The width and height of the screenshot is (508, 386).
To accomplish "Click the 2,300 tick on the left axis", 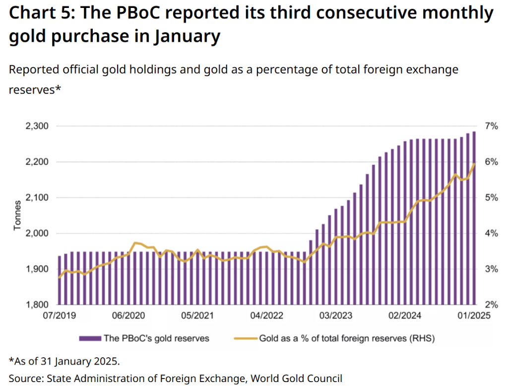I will coord(37,126).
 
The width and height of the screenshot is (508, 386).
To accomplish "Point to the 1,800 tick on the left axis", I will coord(37,305).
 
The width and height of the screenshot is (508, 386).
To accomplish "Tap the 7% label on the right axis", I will coord(491,126).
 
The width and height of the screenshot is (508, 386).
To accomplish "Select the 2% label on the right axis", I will coord(491,305).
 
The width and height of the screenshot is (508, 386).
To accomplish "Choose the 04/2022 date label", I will coord(264,315).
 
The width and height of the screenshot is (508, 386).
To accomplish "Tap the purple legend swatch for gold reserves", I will coord(90,339).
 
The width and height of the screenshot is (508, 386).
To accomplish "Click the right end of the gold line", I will coord(475,163).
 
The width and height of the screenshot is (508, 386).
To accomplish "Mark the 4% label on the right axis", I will coord(491,233).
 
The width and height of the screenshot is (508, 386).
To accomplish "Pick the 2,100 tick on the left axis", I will coord(37,198).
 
